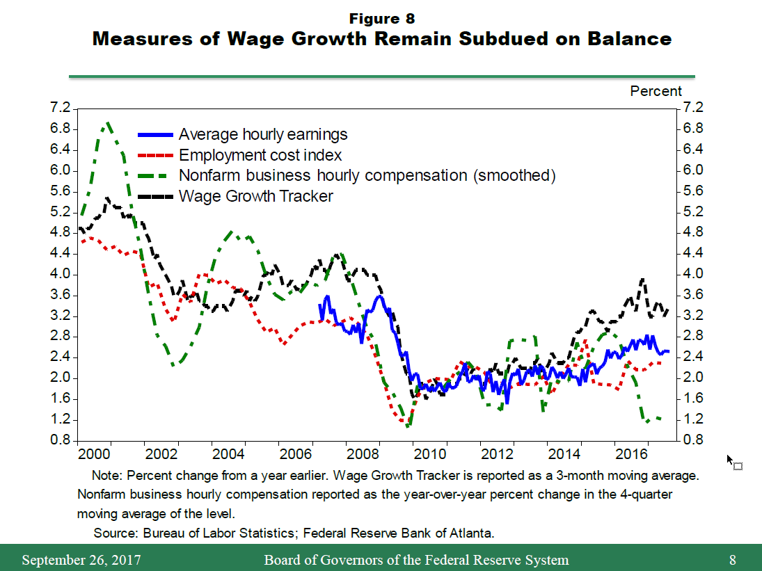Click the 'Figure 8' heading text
point(382,19)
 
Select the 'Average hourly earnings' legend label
point(262,134)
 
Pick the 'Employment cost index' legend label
point(260,155)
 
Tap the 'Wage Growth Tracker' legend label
point(255,196)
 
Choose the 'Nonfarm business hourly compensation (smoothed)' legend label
point(367,175)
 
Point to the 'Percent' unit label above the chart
point(656,91)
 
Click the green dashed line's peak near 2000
point(108,123)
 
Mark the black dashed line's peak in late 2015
point(642,280)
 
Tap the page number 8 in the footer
point(732,560)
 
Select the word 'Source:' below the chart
point(116,533)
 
